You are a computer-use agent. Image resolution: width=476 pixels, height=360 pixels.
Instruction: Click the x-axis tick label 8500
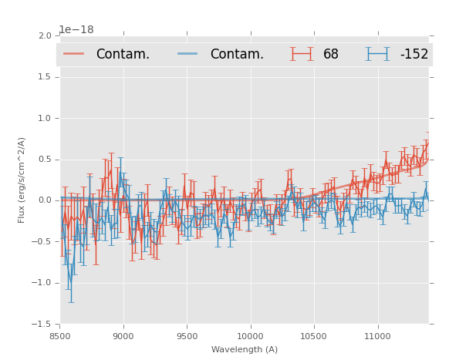point(59,335)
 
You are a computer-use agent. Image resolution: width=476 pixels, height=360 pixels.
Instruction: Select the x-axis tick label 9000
point(123,335)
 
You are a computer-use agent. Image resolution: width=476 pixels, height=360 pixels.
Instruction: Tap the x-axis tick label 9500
point(187,335)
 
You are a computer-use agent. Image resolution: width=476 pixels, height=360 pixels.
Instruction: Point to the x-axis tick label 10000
point(250,335)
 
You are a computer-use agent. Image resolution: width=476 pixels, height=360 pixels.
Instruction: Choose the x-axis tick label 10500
point(313,335)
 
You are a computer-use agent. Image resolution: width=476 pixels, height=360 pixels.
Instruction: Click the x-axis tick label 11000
point(377,335)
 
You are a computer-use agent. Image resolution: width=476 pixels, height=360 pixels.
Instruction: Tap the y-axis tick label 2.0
point(44,36)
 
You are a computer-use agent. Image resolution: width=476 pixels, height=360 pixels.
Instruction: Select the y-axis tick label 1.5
point(44,77)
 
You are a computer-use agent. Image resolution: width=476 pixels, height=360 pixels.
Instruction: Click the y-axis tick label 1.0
point(44,119)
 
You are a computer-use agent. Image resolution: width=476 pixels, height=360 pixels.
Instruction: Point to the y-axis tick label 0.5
point(44,160)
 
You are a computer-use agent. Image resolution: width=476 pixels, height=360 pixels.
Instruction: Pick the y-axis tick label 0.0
point(44,200)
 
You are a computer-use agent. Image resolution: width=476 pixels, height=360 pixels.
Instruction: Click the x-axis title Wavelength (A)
point(245,349)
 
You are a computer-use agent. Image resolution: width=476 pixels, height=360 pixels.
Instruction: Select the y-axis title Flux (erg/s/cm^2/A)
point(22,180)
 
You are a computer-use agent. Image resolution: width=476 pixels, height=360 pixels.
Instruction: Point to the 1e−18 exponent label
point(76,30)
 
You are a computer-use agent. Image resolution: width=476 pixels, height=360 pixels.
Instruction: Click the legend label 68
point(331,55)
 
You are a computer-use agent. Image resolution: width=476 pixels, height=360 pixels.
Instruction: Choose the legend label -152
point(414,55)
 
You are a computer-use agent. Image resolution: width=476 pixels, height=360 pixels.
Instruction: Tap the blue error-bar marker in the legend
point(377,54)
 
